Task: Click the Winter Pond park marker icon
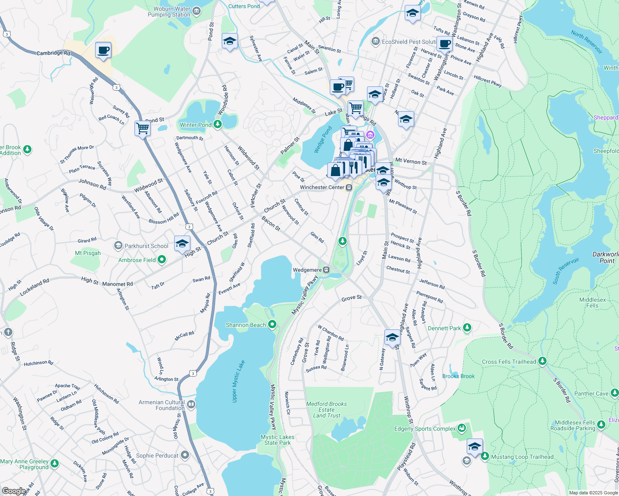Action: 218,124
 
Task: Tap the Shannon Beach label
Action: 246,325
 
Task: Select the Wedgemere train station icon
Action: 326,270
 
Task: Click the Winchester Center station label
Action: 322,187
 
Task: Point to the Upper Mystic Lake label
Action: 238,381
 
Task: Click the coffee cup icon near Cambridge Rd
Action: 103,50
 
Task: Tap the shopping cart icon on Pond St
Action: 142,128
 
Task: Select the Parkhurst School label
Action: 146,246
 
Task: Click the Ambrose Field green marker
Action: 162,260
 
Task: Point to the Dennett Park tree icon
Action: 467,328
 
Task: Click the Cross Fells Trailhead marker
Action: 542,361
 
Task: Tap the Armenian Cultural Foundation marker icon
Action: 191,404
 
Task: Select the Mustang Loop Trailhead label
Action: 522,457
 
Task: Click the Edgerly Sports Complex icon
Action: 462,428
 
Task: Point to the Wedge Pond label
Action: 323,139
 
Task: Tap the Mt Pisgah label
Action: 88,253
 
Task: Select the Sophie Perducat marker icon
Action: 185,455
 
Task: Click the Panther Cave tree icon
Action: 614,393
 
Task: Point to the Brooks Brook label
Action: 458,376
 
